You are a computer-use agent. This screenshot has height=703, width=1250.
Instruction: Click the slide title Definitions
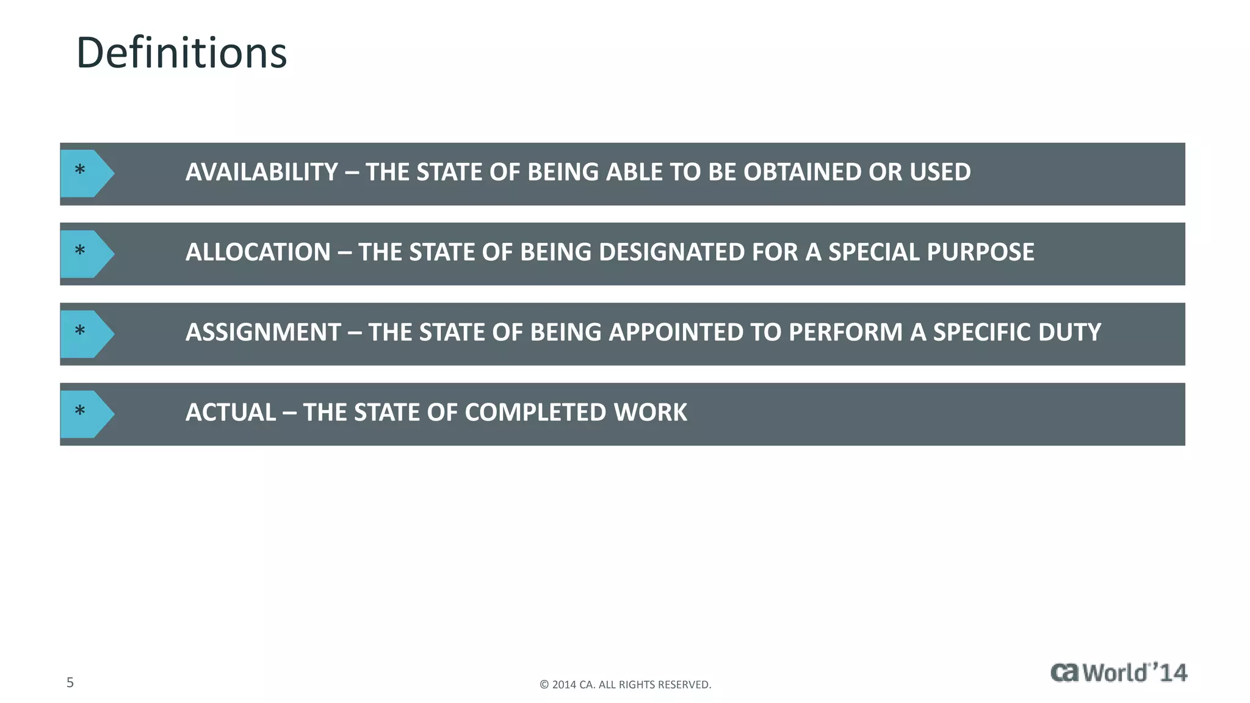181,53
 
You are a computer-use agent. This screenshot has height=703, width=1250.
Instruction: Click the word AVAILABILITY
261,172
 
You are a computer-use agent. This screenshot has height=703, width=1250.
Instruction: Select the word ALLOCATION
258,252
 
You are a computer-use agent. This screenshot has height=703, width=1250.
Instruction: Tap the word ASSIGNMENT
263,333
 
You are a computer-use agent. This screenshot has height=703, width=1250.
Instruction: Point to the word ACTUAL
231,413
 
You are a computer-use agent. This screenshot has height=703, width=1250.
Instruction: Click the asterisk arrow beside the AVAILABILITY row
86,173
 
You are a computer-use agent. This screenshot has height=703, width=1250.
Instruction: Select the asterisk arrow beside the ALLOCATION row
86,253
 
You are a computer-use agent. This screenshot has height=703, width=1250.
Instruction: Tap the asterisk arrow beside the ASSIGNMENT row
86,333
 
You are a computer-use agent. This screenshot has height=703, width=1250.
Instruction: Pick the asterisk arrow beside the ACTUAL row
86,413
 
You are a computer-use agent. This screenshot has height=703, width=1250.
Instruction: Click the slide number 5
70,683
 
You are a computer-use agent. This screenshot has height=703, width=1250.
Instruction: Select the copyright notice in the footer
625,685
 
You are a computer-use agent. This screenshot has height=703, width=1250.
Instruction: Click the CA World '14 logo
1119,672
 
